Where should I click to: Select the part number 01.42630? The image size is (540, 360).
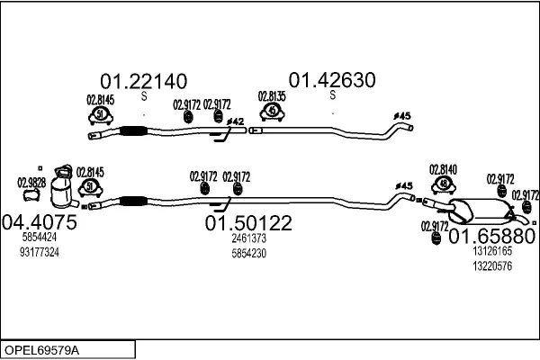tap(331, 80)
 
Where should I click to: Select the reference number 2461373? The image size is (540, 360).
tap(248, 238)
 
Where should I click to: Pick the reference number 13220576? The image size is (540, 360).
tap(492, 265)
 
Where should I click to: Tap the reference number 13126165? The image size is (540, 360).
tap(492, 252)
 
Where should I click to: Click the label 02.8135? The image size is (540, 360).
tap(272, 96)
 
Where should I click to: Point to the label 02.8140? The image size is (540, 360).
tap(443, 168)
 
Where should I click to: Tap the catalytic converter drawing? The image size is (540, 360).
tap(63, 188)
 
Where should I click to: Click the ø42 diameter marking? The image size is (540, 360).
tap(234, 121)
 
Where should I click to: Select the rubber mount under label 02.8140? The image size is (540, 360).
tap(443, 185)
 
